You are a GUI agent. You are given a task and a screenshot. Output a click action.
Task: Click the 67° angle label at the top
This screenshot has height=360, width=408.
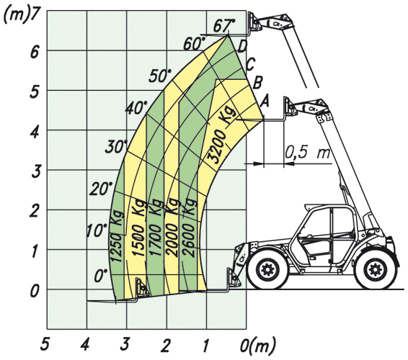223,25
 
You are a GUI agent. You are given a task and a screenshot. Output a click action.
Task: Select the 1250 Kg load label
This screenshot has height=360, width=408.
117,235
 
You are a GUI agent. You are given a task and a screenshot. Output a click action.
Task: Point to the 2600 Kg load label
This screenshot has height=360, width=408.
189,228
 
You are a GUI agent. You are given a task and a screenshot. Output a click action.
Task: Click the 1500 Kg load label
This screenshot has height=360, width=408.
138,229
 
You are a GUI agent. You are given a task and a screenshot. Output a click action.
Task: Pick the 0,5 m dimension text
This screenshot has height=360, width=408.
308,152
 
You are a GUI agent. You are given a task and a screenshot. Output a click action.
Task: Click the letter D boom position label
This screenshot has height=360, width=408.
242,47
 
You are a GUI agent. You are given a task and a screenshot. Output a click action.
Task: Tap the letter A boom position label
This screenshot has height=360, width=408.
265,101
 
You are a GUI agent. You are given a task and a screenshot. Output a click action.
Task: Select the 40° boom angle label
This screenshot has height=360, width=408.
136,107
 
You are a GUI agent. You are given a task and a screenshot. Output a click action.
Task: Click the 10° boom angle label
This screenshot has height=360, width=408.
97,230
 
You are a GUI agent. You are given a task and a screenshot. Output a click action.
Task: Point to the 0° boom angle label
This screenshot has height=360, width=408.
101,276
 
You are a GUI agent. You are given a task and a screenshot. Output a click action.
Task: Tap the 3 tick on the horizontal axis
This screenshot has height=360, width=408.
125,345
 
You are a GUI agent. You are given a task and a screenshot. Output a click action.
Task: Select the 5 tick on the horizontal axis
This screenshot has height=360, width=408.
45,345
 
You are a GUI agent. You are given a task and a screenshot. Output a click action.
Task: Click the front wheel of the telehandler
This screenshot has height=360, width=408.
267,269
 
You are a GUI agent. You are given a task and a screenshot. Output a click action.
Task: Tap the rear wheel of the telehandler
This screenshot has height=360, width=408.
376,269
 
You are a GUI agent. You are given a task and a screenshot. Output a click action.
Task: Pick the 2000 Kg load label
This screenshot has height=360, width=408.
172,228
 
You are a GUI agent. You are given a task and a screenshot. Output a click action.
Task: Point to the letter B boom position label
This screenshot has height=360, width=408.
257,83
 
